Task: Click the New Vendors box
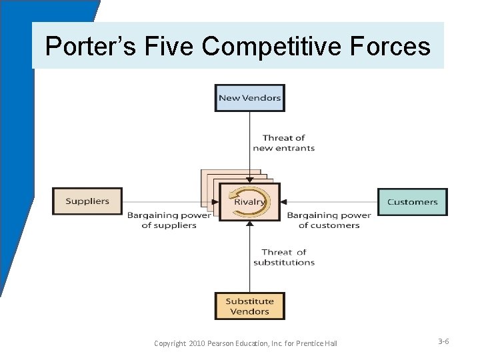pyautogui.click(x=249, y=98)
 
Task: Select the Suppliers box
pyautogui.click(x=87, y=201)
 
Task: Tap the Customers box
pyautogui.click(x=412, y=202)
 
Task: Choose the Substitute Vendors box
pyautogui.click(x=249, y=306)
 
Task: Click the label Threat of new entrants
pyautogui.click(x=283, y=143)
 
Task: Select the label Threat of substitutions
pyautogui.click(x=283, y=257)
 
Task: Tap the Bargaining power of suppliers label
pyautogui.click(x=169, y=220)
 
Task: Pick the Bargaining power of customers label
pyautogui.click(x=329, y=220)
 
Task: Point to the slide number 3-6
pyautogui.click(x=443, y=341)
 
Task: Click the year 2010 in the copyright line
pyautogui.click(x=199, y=343)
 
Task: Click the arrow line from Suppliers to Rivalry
pyautogui.click(x=167, y=202)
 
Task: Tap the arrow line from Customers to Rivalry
pyautogui.click(x=330, y=202)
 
